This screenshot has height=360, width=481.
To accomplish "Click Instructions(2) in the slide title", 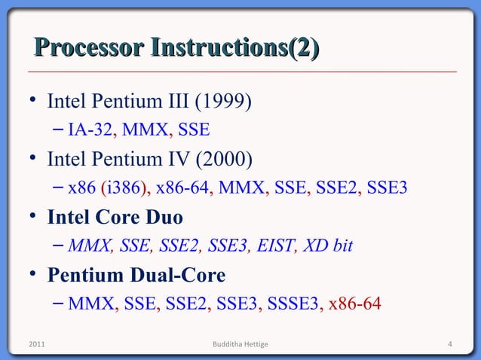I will (x=234, y=50).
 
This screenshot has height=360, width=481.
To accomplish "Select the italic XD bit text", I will (x=327, y=246).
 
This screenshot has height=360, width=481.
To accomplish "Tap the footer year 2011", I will (x=36, y=345).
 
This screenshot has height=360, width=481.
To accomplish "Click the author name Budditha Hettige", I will (x=240, y=345).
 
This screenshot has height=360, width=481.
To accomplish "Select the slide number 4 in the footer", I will (x=449, y=345).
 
